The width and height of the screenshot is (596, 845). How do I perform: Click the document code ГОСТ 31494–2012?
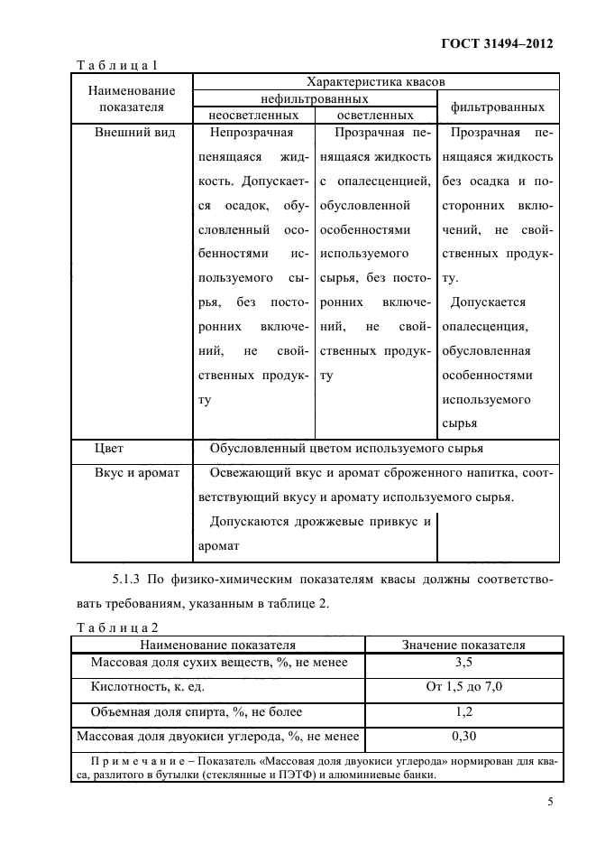[497, 42]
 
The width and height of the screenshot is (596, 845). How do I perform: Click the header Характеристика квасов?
[375, 81]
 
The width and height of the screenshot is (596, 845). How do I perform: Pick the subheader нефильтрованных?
[314, 98]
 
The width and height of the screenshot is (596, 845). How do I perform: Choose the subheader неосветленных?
[253, 116]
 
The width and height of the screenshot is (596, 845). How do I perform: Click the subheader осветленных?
[375, 116]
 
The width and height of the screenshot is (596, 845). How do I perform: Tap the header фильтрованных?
[498, 107]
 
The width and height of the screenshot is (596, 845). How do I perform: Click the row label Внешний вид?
[134, 132]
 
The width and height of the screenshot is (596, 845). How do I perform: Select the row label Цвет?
[109, 448]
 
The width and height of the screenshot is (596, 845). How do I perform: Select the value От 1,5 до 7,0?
[463, 687]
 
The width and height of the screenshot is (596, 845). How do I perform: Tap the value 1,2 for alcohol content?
[463, 711]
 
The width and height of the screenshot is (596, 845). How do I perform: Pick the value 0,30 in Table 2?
[463, 736]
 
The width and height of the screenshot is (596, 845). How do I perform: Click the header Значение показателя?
[463, 645]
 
